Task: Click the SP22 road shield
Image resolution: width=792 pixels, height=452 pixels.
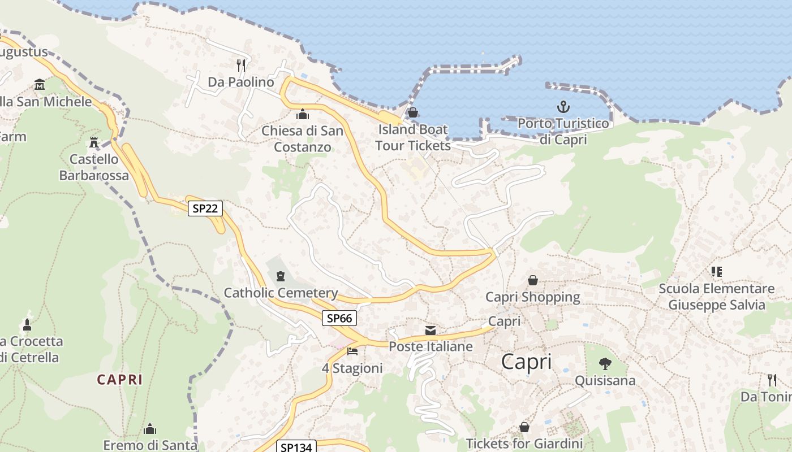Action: click(205, 208)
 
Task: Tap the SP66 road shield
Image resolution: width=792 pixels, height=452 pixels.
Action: click(340, 318)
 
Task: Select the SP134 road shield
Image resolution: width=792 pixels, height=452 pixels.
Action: click(296, 447)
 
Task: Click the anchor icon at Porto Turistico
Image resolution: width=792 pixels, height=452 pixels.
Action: click(563, 106)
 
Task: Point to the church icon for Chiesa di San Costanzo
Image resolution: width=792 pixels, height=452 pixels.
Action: click(303, 114)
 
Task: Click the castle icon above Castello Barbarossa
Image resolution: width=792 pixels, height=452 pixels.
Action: click(94, 142)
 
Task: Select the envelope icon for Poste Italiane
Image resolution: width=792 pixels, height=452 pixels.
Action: click(431, 330)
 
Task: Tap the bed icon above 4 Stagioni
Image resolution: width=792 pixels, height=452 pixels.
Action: click(352, 351)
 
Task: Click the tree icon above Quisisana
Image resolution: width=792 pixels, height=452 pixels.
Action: click(605, 363)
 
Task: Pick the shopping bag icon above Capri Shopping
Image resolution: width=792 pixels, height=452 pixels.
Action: click(533, 280)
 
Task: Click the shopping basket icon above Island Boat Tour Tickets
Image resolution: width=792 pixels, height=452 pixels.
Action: click(413, 112)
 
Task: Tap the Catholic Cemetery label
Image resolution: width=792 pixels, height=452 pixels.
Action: click(281, 293)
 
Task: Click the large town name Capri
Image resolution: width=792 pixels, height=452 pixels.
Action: click(526, 362)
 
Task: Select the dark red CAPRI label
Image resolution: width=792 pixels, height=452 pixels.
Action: click(120, 379)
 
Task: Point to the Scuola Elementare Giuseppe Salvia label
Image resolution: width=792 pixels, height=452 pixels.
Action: click(716, 297)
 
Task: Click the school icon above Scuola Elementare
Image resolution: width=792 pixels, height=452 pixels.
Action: click(717, 272)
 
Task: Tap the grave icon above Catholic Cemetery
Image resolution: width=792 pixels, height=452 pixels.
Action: click(280, 276)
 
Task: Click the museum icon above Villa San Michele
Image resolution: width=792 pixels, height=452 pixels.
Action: click(40, 85)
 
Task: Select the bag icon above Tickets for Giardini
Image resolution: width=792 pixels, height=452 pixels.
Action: click(524, 427)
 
